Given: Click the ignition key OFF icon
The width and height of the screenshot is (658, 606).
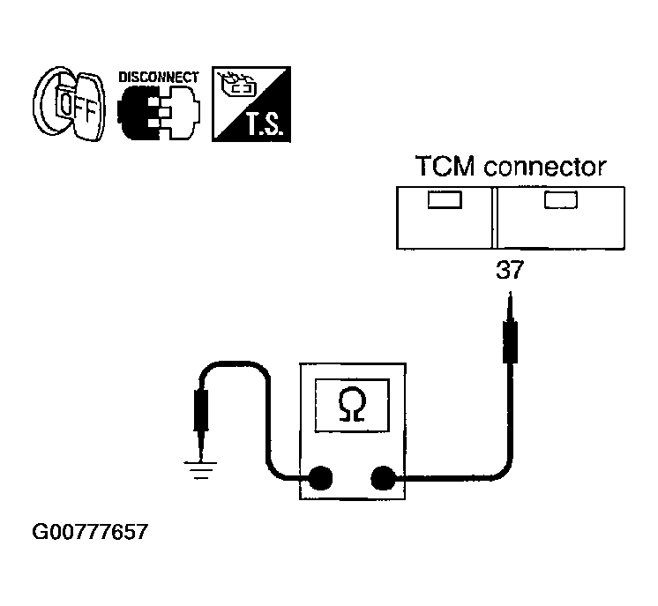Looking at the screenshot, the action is tap(70, 104).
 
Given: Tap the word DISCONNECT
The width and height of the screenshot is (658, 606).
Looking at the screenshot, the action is tap(159, 78).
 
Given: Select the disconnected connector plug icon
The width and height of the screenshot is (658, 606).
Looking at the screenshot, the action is tap(159, 113).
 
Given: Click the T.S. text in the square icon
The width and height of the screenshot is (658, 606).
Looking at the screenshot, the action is tap(263, 124).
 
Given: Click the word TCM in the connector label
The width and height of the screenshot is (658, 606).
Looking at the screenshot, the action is tap(445, 166).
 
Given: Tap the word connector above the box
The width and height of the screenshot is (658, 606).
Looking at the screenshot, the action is tap(545, 167).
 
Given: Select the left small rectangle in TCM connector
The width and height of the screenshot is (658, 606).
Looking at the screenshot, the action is tap(445, 199).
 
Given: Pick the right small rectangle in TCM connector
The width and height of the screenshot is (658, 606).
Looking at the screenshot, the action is tap(561, 199).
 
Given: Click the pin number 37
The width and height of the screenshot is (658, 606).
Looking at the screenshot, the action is tap(510, 270).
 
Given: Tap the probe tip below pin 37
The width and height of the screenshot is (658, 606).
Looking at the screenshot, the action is tap(510, 294).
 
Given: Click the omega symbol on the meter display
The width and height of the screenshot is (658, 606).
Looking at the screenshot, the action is tap(352, 404).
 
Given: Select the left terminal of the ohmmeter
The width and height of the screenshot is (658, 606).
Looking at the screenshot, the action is tap(320, 478).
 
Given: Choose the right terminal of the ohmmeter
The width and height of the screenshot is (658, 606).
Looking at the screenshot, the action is tap(383, 478).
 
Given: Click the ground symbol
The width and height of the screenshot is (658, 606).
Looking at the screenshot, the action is tap(200, 470).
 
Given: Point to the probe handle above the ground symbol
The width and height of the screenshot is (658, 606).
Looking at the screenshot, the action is tap(201, 410).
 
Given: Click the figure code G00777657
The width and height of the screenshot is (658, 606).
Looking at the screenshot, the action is tap(90, 532).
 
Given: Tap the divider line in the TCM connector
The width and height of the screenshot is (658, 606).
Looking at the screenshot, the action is tap(494, 218).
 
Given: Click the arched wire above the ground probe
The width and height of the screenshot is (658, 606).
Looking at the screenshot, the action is tap(235, 363).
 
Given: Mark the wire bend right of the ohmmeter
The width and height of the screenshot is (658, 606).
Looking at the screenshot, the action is tap(505, 471).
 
